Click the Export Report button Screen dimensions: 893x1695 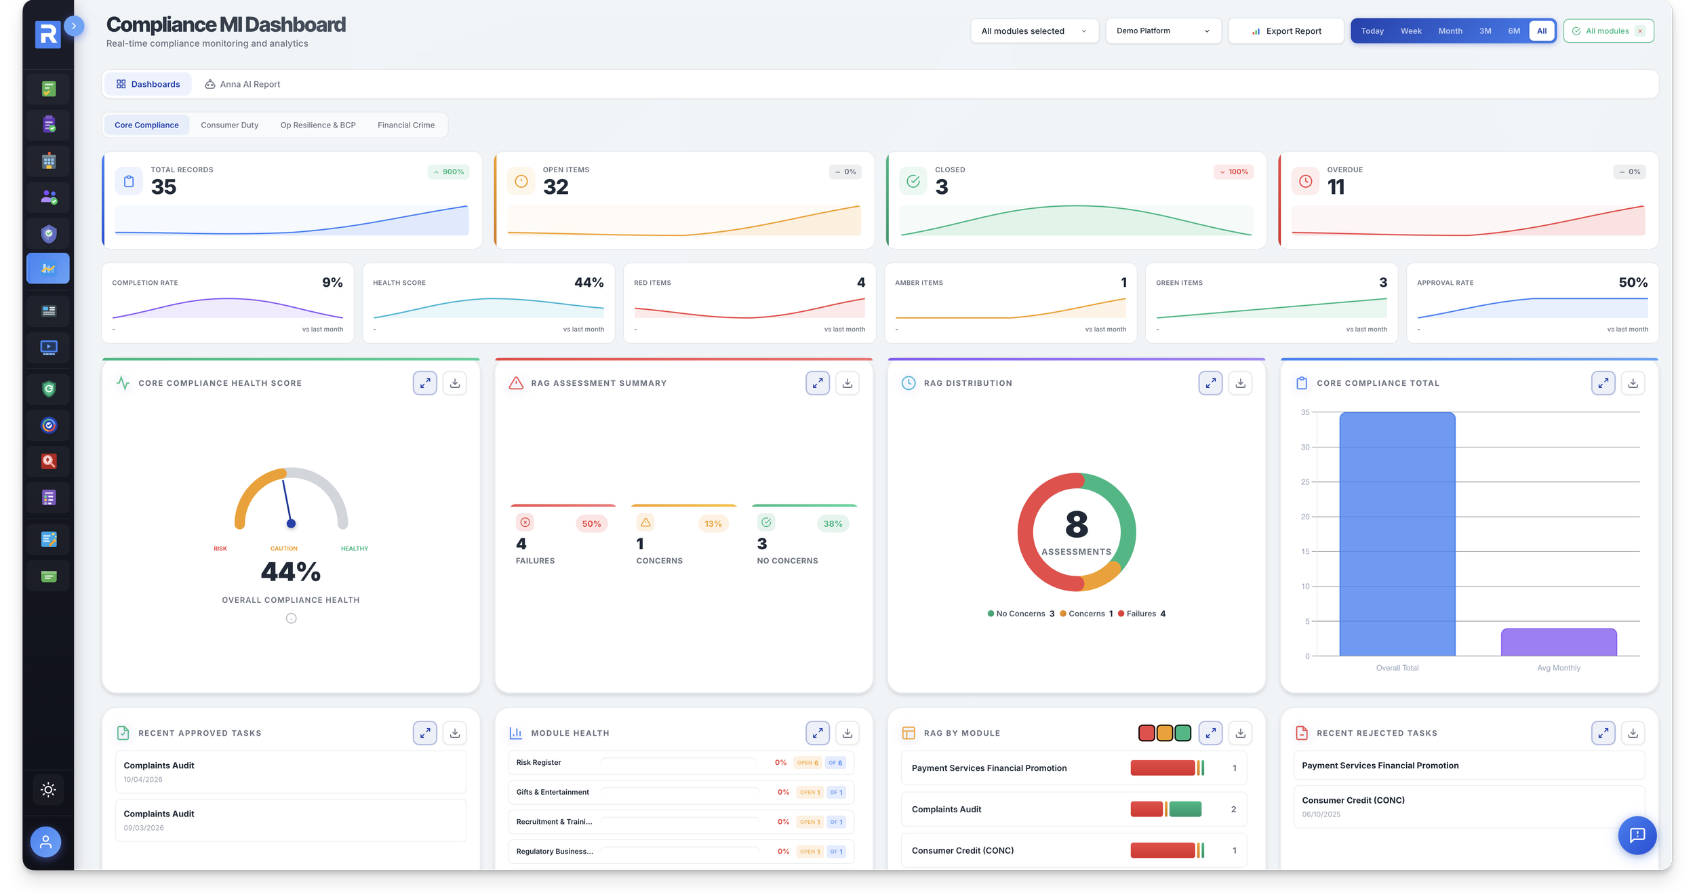(x=1285, y=31)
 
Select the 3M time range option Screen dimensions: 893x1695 (x=1485, y=31)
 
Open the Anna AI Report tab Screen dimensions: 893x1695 (x=243, y=84)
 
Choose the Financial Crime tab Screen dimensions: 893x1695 (x=405, y=125)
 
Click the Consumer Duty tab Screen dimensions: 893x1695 (x=229, y=125)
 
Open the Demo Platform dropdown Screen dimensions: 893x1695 (x=1163, y=31)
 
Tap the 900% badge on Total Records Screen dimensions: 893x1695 (x=449, y=172)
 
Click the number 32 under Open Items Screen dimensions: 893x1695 (x=555, y=187)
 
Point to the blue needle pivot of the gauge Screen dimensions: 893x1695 (x=291, y=523)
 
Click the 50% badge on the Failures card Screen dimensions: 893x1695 (x=591, y=523)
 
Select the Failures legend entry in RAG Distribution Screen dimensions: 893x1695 (x=1142, y=614)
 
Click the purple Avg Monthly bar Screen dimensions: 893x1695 (x=1558, y=642)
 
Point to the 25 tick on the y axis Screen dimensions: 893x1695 (x=1304, y=482)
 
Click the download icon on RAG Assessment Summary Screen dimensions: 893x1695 (x=847, y=383)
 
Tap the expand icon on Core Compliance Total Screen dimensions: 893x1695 (x=1603, y=383)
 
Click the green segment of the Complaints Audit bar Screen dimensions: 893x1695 (x=1184, y=809)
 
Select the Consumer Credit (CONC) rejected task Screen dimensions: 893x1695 (x=1353, y=806)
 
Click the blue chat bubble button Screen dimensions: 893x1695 (x=1637, y=835)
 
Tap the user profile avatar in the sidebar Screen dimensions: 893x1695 (x=45, y=841)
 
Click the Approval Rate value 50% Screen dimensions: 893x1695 (x=1633, y=283)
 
